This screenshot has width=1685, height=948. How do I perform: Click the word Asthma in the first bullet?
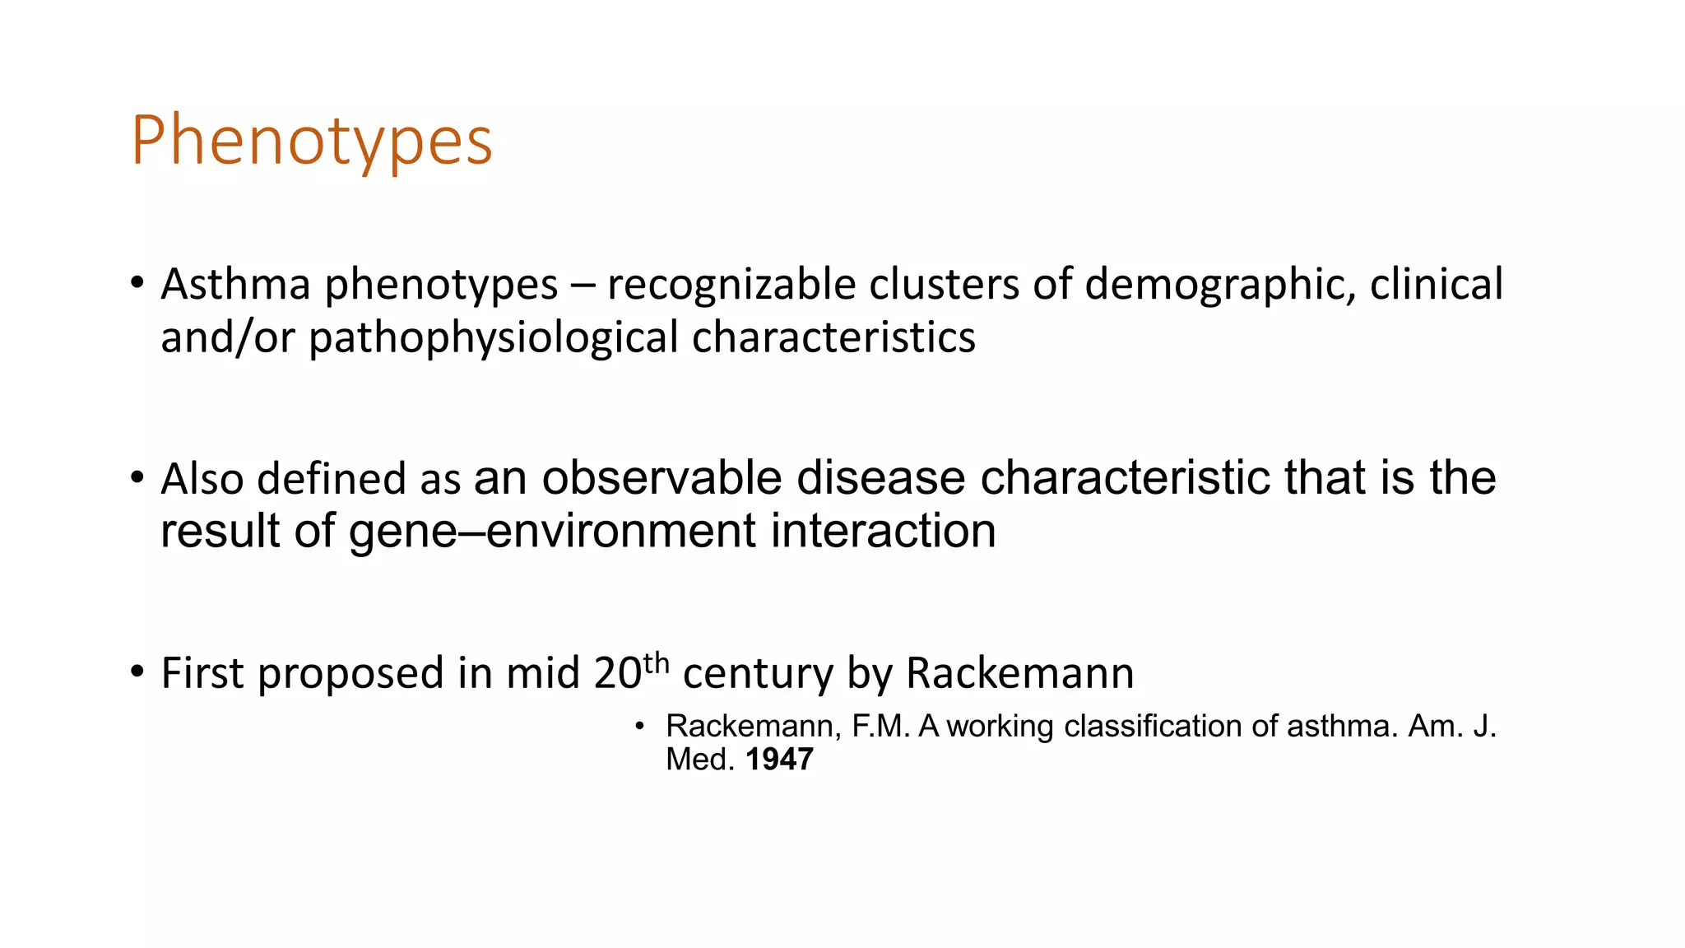(x=235, y=285)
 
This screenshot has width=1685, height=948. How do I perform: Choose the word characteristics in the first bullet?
(x=833, y=338)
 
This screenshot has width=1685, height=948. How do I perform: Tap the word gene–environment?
(x=551, y=531)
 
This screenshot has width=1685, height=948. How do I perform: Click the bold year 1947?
(x=779, y=760)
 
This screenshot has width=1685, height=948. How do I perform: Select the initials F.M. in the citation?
(x=881, y=727)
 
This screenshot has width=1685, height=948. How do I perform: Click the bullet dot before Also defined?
(x=137, y=476)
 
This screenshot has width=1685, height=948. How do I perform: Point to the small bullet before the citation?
(x=639, y=727)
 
